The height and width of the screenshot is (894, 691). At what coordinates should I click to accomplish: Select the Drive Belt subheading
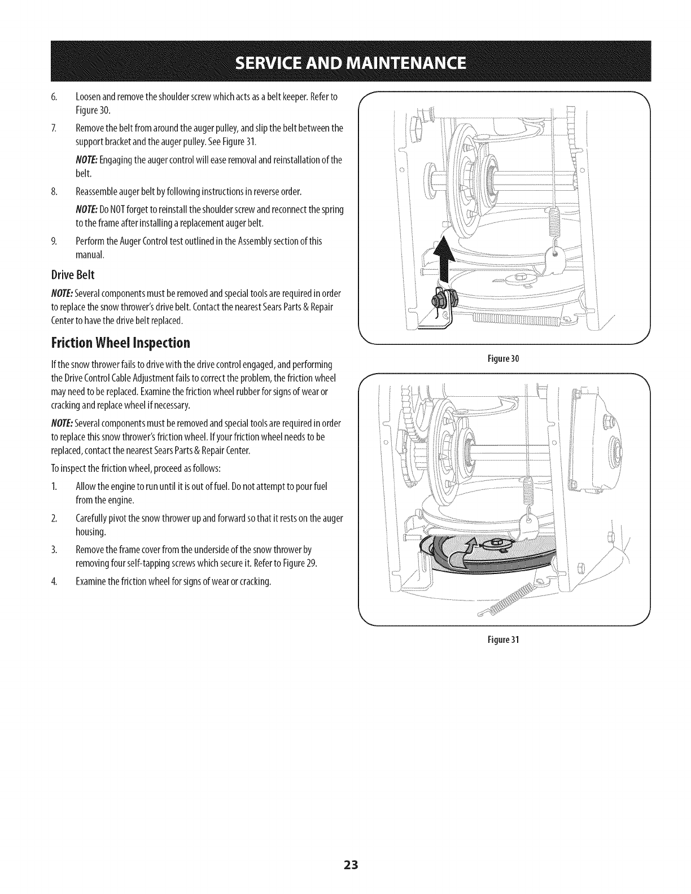73,275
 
